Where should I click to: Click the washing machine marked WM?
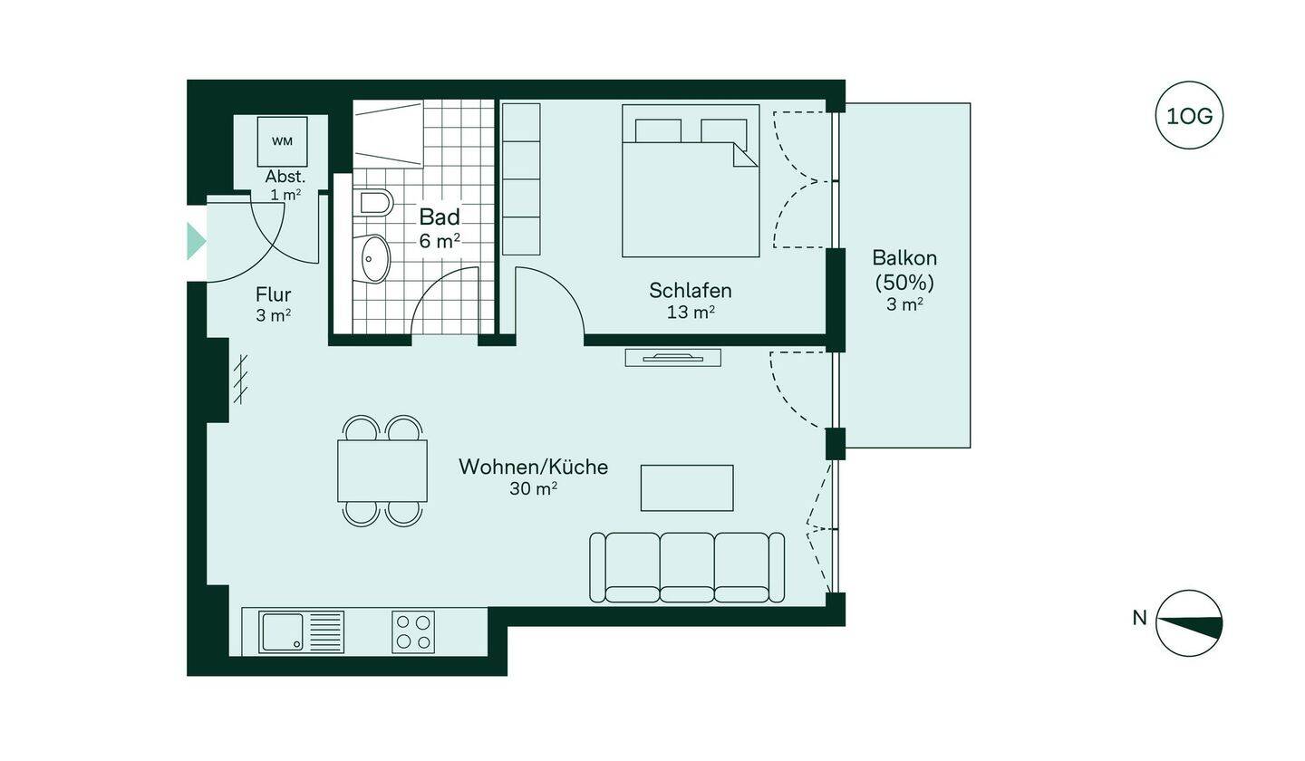(x=282, y=141)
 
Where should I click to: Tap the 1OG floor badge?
(x=1189, y=116)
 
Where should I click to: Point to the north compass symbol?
(x=1189, y=623)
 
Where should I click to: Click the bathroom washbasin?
(x=372, y=258)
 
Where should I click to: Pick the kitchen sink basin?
(x=282, y=631)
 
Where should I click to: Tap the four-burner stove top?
(x=413, y=631)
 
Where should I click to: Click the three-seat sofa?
(x=687, y=567)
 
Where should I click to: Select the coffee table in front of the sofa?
(x=687, y=488)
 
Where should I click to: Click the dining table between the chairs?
(x=382, y=470)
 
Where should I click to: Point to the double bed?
(x=691, y=180)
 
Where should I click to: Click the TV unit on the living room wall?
(x=672, y=358)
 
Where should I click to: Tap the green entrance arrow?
(x=196, y=240)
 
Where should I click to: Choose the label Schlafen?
(x=691, y=290)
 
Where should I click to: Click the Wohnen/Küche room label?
(x=533, y=467)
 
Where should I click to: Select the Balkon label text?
(x=904, y=257)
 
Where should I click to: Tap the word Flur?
(x=274, y=294)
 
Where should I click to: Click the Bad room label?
(x=440, y=217)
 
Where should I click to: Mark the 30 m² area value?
(x=533, y=488)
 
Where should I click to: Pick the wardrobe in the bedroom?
(x=521, y=179)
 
